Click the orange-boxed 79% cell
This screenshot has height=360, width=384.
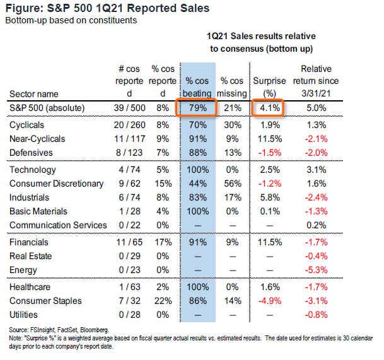click(x=197, y=108)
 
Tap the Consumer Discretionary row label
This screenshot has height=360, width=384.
click(x=56, y=183)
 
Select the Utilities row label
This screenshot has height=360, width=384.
click(x=23, y=315)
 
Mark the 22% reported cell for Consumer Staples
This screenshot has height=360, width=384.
click(x=161, y=301)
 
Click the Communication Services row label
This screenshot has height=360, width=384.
click(x=58, y=225)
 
